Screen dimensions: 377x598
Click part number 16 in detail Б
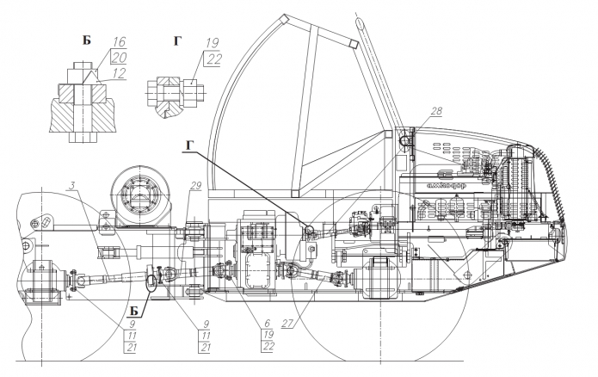coord(119,40)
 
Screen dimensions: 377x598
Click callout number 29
coord(196,186)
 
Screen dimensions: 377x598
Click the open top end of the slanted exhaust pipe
coord(354,42)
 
